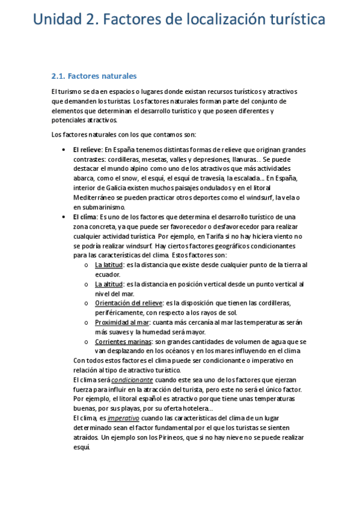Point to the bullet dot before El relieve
pyautogui.click(x=64, y=149)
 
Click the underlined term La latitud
pyautogui.click(x=109, y=265)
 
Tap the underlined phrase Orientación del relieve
pyautogui.click(x=129, y=303)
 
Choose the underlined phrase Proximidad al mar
pyautogui.click(x=121, y=322)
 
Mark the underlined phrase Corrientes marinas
pyautogui.click(x=123, y=342)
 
